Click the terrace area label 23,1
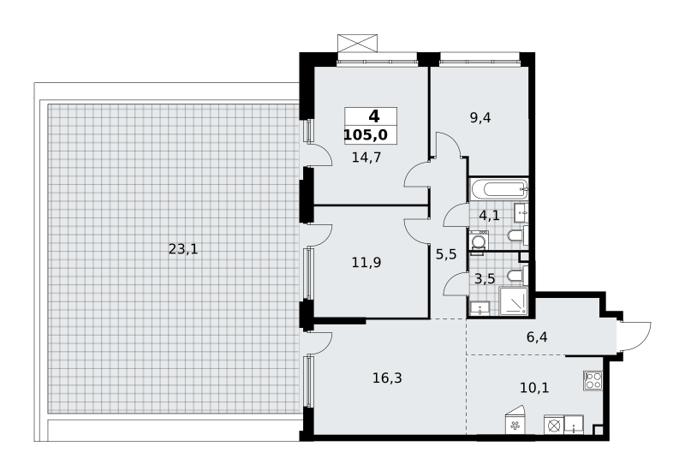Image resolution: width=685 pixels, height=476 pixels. point(183,249)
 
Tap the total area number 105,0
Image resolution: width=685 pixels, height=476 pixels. point(366,135)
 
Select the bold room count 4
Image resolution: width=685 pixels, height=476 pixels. point(374,116)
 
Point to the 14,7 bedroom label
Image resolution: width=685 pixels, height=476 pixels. point(366,157)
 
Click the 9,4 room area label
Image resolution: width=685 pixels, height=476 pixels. point(480,117)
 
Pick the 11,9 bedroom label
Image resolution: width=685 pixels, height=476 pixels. point(366,263)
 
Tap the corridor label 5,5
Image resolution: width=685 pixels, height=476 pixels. point(446,253)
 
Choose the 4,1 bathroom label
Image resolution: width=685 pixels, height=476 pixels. point(489,215)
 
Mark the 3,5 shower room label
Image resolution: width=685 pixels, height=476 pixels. point(485,278)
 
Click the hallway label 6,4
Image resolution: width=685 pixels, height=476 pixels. point(538,336)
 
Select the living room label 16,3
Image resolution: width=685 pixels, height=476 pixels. point(388,378)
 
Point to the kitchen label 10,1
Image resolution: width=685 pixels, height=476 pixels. point(534,387)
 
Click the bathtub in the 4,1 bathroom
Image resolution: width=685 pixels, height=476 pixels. point(499,189)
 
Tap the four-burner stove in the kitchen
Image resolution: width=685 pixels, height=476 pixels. point(593,380)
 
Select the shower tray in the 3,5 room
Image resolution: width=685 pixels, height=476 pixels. point(513,300)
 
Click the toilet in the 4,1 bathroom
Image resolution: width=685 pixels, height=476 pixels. point(518,236)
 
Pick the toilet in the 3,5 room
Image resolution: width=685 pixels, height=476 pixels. point(518,276)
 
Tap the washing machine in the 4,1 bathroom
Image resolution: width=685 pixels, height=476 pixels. point(479,241)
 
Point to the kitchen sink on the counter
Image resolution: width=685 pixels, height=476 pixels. point(573,425)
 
